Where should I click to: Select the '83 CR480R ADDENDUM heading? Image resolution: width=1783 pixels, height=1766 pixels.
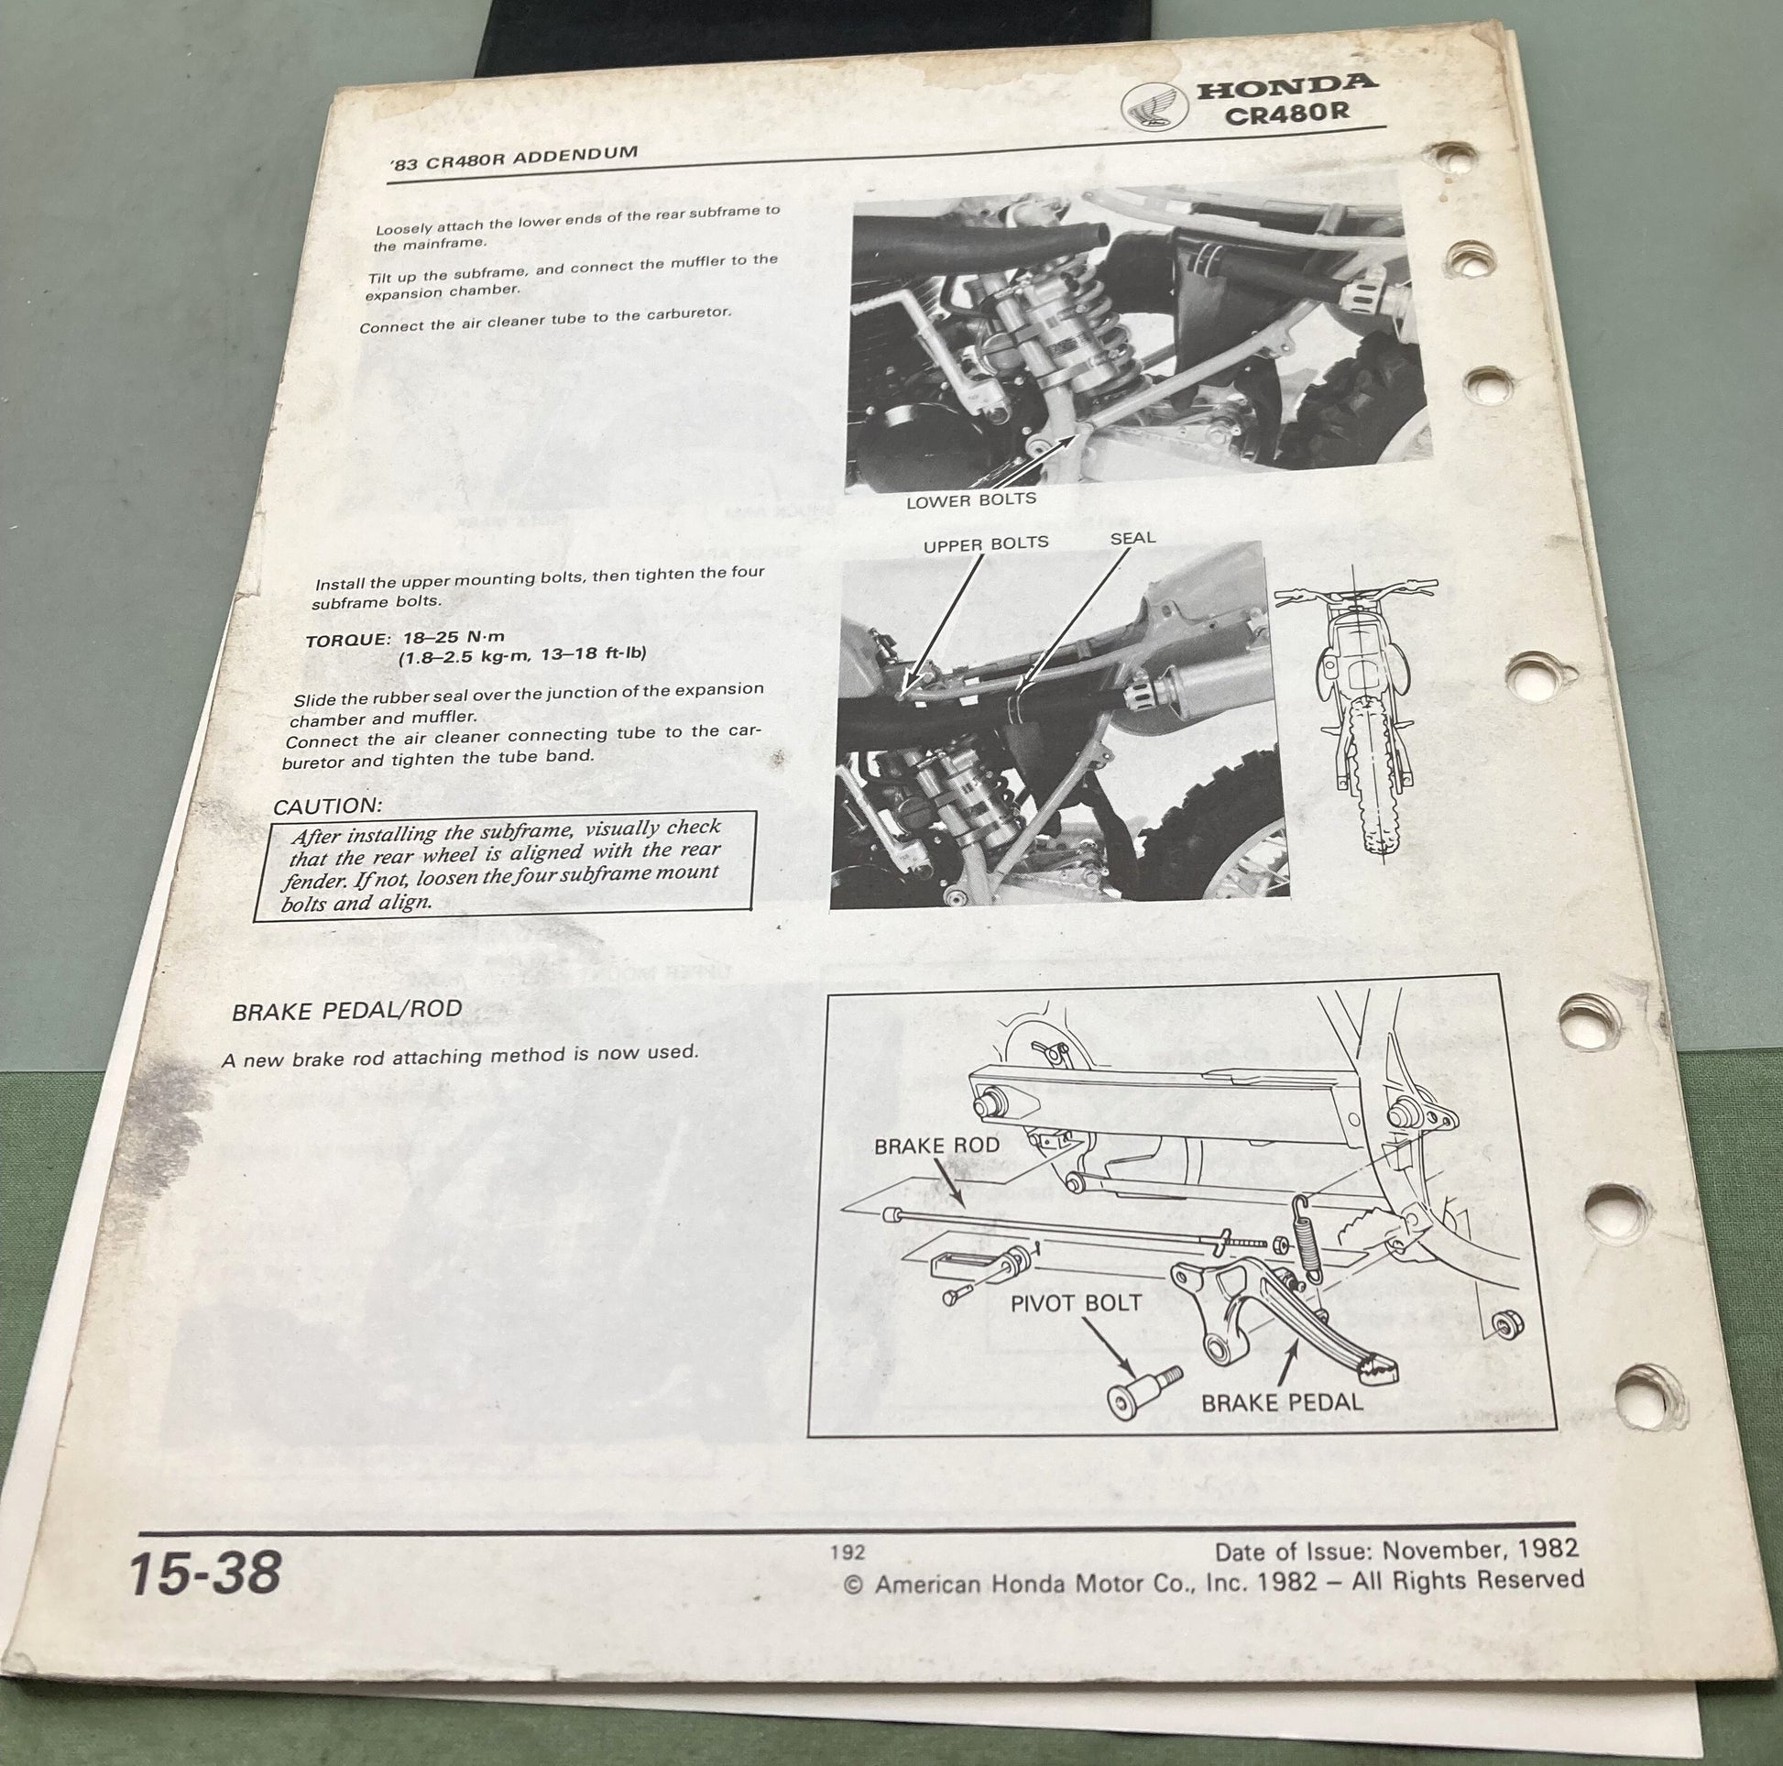coord(514,159)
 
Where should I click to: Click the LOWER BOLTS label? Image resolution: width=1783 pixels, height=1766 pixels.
coord(971,500)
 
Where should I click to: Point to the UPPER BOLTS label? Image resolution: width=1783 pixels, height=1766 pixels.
coord(986,543)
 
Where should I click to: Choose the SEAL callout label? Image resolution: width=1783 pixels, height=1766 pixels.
coord(1132,537)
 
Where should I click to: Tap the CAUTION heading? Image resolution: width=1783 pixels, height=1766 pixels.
coord(328,806)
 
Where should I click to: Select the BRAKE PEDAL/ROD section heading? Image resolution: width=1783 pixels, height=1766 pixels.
coord(346,1010)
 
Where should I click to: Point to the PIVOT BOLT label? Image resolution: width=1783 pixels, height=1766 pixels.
coord(1076,1304)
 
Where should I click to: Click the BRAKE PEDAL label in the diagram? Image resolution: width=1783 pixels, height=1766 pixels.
coord(1282,1402)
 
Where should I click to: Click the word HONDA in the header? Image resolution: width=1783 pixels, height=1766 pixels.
coord(1285,86)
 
